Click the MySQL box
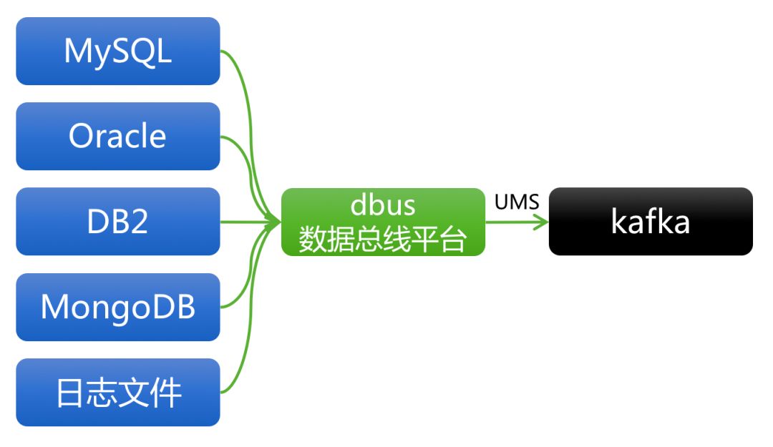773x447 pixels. (x=117, y=51)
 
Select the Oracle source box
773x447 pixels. (x=117, y=136)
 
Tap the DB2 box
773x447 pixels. (x=117, y=222)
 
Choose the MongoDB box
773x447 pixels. (x=117, y=307)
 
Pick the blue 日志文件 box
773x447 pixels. (x=117, y=392)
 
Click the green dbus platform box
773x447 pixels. (x=383, y=222)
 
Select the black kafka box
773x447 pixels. (x=651, y=222)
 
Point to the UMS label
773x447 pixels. (x=517, y=202)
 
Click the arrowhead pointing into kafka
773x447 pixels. (x=542, y=222)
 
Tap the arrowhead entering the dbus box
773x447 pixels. (x=274, y=222)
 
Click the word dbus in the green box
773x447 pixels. (x=383, y=205)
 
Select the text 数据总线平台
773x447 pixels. (x=383, y=239)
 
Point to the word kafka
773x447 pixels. (x=651, y=222)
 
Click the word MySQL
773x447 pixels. (x=117, y=51)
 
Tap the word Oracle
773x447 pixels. (x=117, y=136)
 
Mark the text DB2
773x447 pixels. (x=117, y=222)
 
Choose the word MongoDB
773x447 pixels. (x=117, y=307)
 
